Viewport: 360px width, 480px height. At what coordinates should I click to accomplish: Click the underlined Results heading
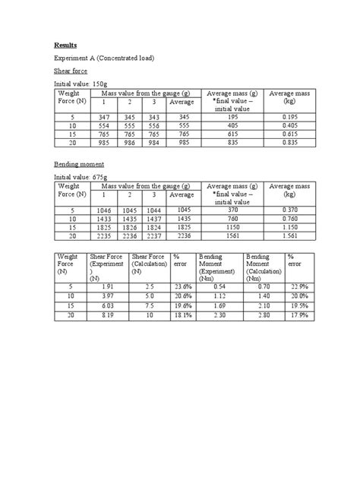tap(65, 45)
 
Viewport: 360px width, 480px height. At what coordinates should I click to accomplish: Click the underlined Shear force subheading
tap(71, 71)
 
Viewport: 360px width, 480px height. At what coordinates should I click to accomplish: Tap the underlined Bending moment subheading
tap(79, 163)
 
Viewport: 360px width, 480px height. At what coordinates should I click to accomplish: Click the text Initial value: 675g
tap(82, 176)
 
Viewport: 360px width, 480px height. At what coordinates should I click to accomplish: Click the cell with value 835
tap(228, 142)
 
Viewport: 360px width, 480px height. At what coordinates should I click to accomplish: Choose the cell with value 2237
tap(155, 235)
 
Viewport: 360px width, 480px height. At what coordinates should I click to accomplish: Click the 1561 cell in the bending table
tap(228, 235)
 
